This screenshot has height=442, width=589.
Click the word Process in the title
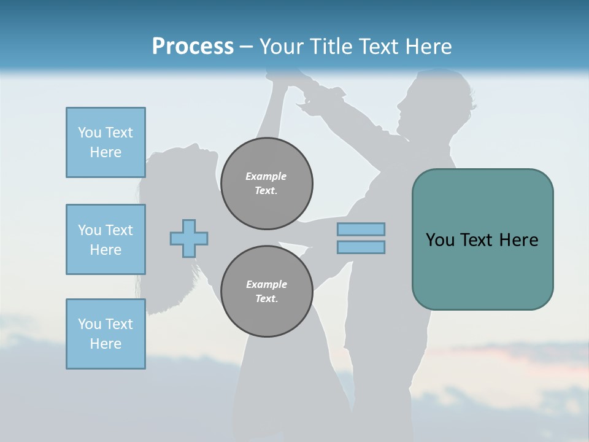tap(193, 47)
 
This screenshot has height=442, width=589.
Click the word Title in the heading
tap(329, 47)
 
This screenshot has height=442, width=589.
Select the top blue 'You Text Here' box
tap(106, 142)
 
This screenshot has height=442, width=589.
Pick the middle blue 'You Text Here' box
tap(106, 239)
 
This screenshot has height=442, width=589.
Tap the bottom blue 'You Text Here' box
tap(106, 334)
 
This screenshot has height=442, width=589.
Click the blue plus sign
tap(189, 238)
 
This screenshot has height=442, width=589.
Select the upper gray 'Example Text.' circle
tap(266, 184)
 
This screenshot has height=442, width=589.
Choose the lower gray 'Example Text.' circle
tap(266, 292)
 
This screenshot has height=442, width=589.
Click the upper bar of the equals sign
tap(361, 229)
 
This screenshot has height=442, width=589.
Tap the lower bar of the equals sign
tap(361, 247)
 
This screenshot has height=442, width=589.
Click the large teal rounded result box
tap(482, 239)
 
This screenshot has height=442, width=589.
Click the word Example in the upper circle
tap(266, 176)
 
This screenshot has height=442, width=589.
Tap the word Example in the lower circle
tap(266, 284)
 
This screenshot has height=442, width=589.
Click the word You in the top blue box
tap(90, 133)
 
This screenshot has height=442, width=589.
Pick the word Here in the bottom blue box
tap(106, 344)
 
